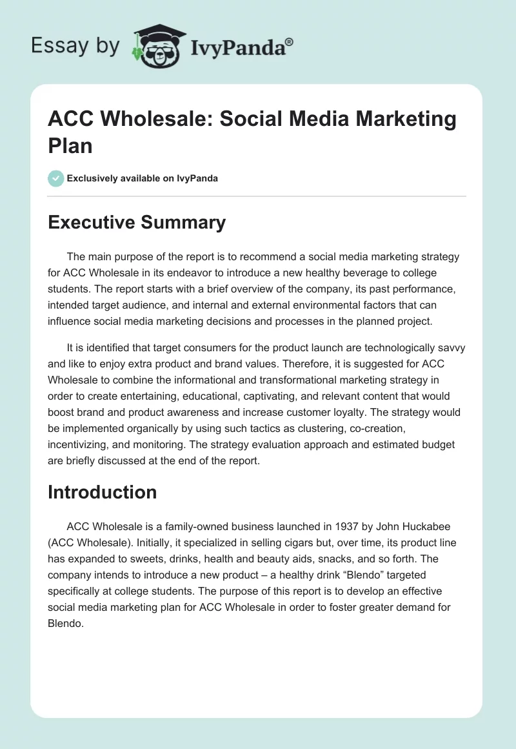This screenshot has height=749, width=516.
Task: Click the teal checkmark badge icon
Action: click(x=56, y=178)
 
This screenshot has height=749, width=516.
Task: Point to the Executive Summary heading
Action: click(x=137, y=223)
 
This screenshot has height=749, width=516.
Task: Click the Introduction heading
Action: click(x=103, y=492)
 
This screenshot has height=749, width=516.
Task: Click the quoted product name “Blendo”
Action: click(x=368, y=573)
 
